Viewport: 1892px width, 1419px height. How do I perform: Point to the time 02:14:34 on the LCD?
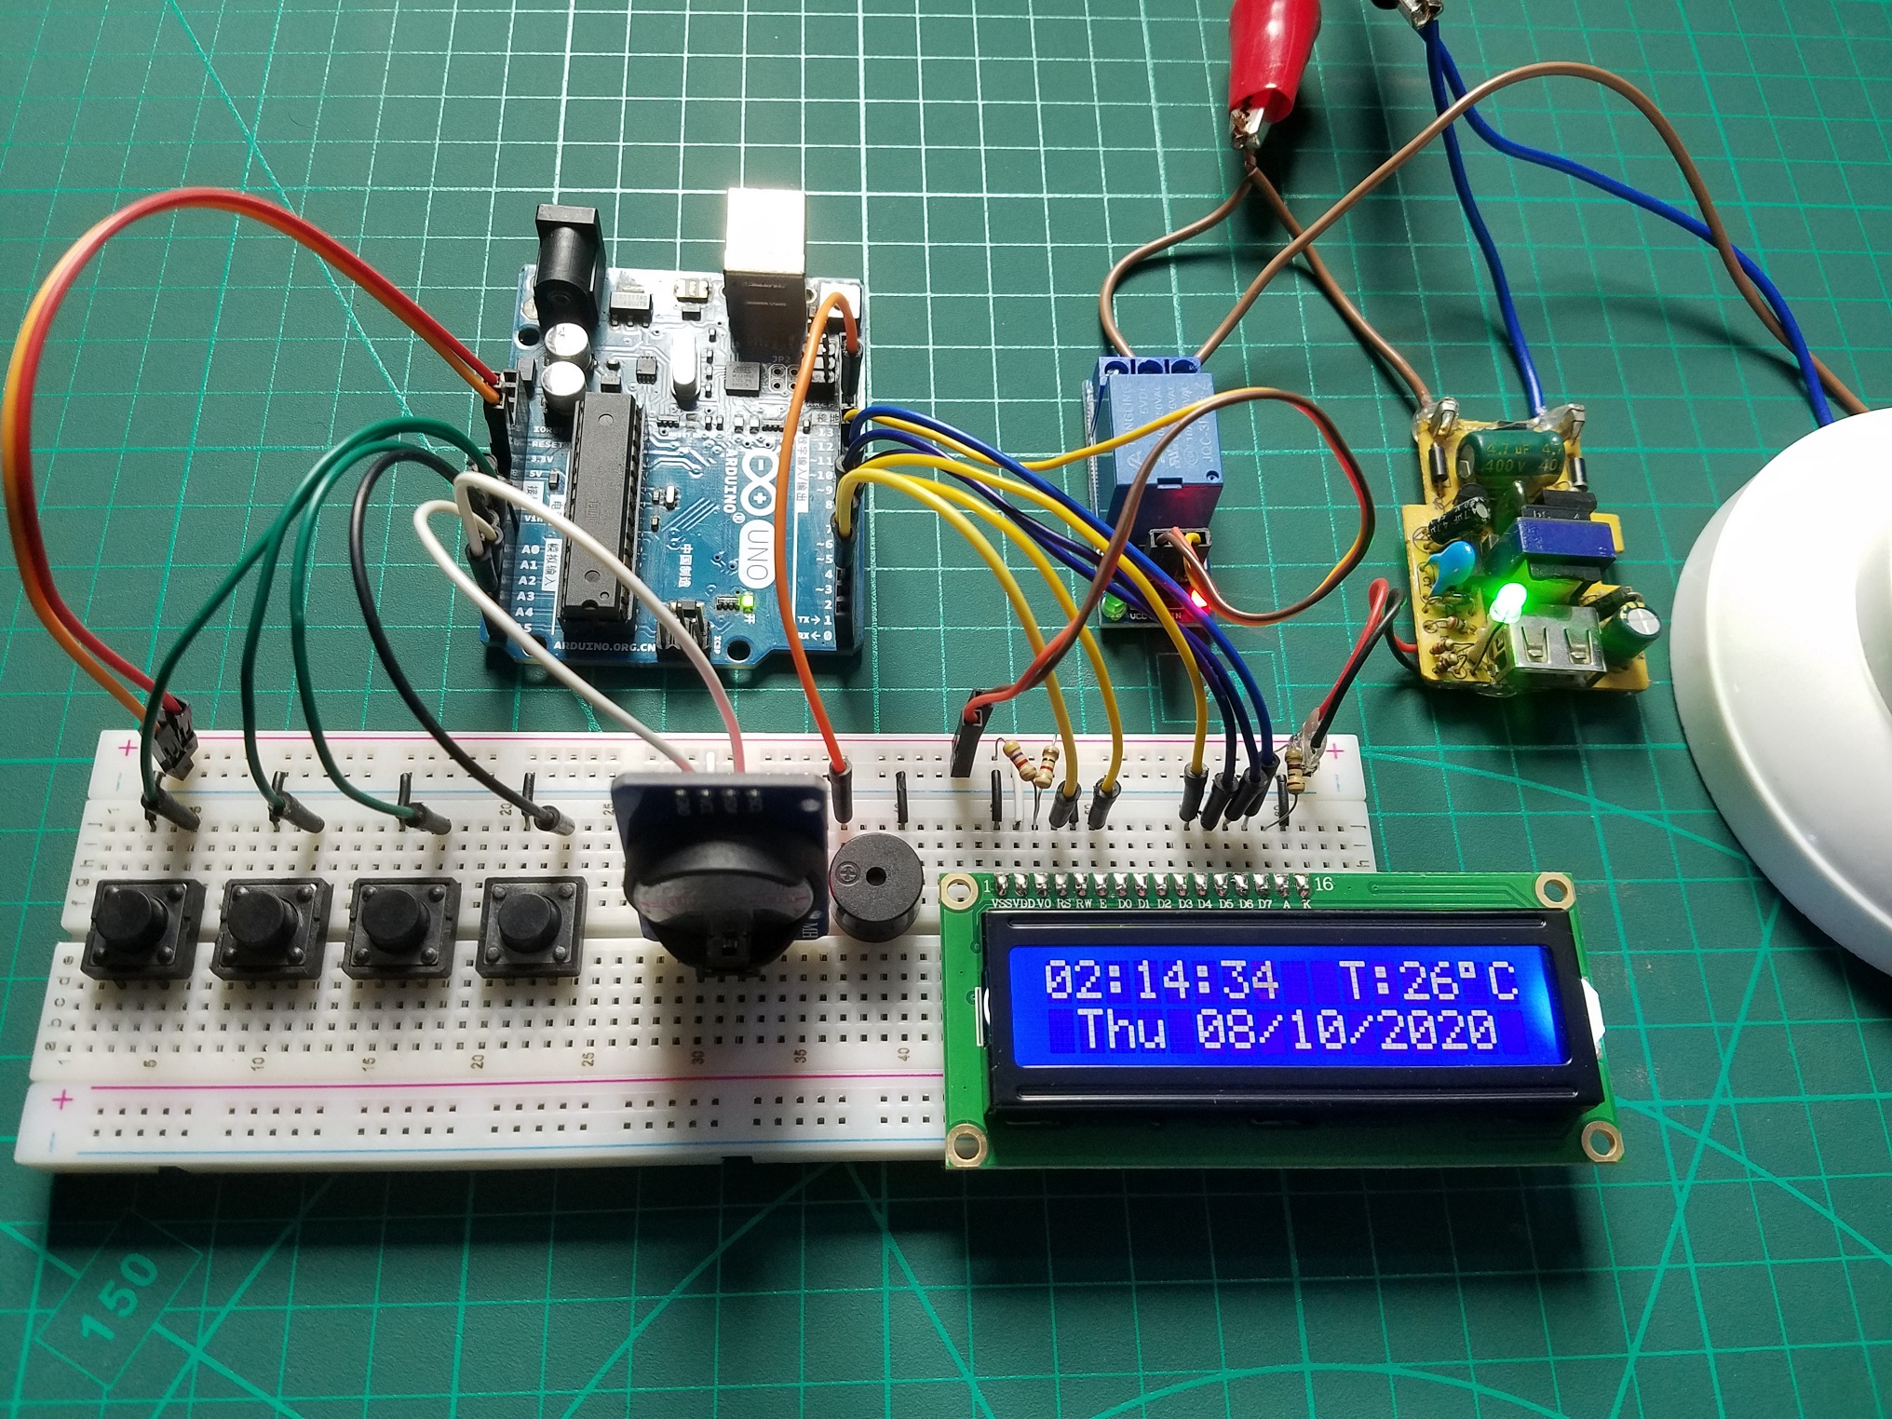[x=1161, y=980]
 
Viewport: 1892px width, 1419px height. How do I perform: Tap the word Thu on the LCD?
[x=1122, y=1029]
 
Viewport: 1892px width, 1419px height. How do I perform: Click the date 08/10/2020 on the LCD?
[x=1347, y=1029]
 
